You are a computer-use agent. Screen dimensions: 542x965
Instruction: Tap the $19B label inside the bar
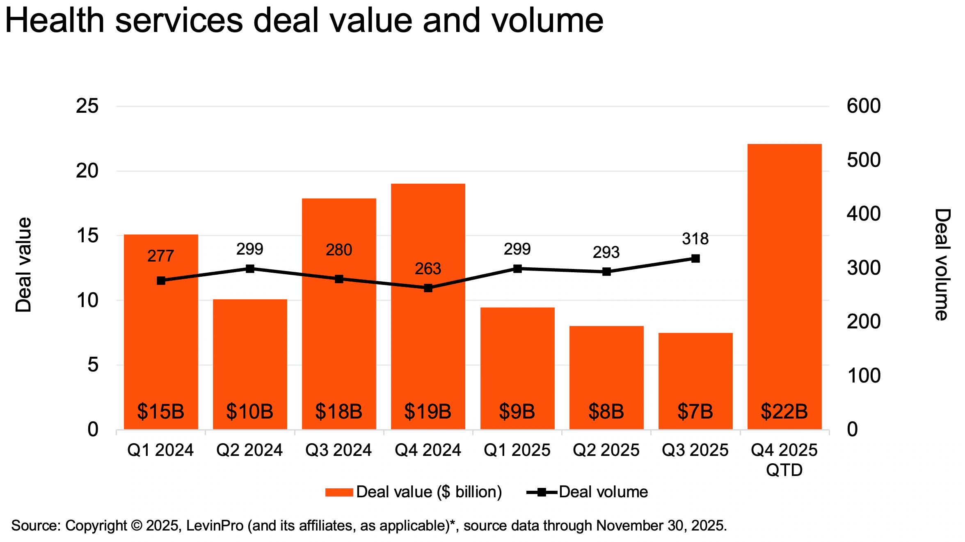[x=428, y=411]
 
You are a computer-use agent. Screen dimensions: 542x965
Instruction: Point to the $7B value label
[x=695, y=411]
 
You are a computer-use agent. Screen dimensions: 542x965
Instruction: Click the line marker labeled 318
[x=695, y=258]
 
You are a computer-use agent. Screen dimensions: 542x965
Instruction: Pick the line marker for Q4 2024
[x=428, y=288]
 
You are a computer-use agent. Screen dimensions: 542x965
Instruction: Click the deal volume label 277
[x=160, y=256]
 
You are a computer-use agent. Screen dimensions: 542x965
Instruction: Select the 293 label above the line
[x=606, y=253]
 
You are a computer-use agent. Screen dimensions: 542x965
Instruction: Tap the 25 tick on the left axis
[x=87, y=106]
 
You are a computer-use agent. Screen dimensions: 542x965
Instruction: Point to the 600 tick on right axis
[x=863, y=106]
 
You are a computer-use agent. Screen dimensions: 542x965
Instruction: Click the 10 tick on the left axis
[x=87, y=301]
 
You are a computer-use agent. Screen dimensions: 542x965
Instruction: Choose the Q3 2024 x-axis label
[x=338, y=450]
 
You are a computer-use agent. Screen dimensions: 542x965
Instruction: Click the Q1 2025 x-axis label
[x=517, y=450]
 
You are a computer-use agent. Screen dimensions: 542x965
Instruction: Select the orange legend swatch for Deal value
[x=339, y=492]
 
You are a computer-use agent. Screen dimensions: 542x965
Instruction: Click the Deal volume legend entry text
[x=603, y=492]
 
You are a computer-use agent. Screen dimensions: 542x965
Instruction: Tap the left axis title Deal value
[x=23, y=265]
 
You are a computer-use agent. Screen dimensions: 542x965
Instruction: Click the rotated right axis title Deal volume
[x=942, y=265]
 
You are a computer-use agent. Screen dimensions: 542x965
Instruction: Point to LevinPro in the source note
[x=215, y=526]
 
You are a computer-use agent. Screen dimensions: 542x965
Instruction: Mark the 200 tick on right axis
[x=863, y=322]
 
